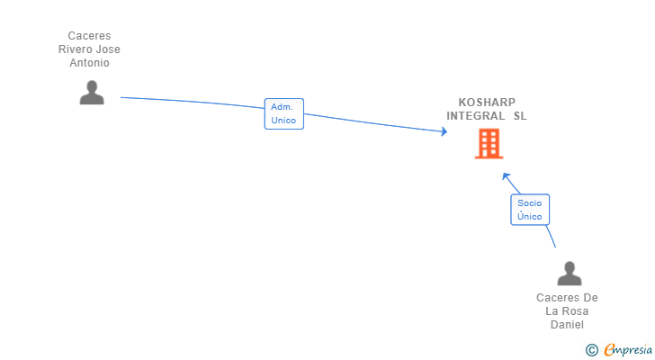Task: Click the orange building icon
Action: coord(489,144)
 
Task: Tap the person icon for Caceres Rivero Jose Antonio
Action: coord(92,93)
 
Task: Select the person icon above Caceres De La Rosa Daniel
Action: coord(569,274)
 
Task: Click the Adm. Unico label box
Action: coord(283,113)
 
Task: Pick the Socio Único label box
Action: coord(530,210)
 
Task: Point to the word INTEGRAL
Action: coord(476,116)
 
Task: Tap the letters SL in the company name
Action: coord(520,116)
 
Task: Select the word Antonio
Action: coord(89,63)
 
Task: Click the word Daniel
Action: coord(567,324)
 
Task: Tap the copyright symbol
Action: coord(591,350)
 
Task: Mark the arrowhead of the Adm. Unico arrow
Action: coord(444,132)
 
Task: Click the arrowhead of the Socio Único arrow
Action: coord(506,176)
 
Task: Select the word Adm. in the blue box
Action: coord(282,107)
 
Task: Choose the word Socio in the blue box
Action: coord(530,203)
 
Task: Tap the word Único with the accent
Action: coord(530,216)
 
